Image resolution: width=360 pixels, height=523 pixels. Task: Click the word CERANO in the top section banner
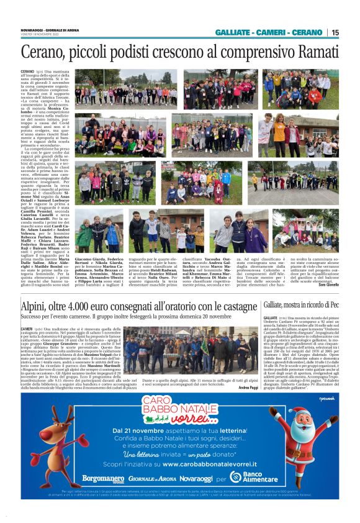click(x=307, y=33)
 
